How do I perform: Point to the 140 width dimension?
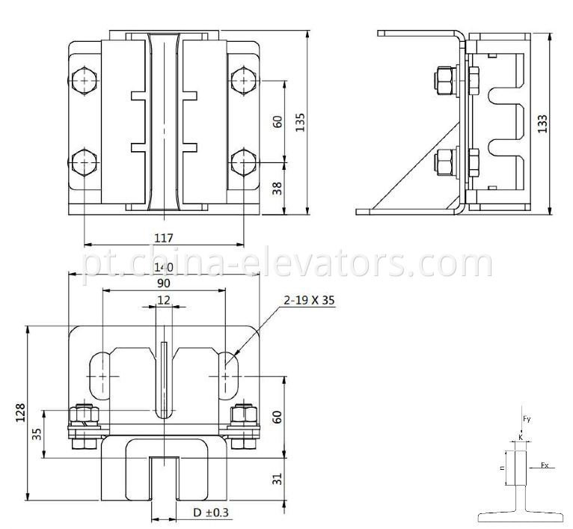(164, 268)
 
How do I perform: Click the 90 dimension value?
(164, 284)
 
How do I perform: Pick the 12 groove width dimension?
(164, 300)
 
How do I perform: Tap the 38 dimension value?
(276, 189)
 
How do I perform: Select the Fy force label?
(526, 419)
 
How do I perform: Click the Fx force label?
(545, 465)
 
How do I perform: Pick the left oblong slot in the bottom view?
(101, 375)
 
